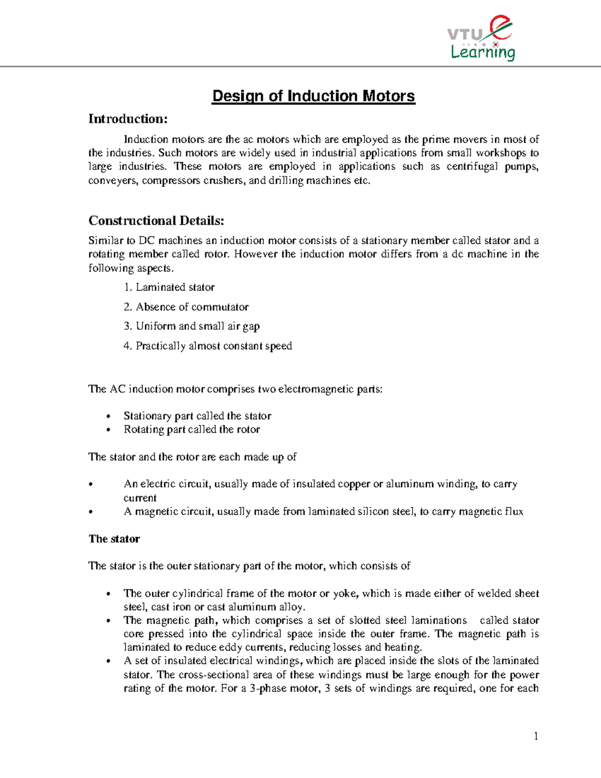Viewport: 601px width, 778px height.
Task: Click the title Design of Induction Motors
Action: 314,96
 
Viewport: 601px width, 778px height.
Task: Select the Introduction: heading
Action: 128,119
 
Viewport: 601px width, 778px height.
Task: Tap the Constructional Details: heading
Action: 156,220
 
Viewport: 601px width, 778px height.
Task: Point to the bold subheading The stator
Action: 114,539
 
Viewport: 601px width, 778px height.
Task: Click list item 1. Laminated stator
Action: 169,287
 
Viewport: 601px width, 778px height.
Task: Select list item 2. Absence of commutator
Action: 186,307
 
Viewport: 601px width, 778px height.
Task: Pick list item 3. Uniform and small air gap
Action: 192,326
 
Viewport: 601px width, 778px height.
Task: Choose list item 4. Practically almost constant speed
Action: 208,346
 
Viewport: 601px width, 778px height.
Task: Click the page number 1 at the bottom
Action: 536,736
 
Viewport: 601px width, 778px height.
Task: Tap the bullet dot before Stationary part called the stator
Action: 109,417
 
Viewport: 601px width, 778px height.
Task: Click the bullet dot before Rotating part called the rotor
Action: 109,430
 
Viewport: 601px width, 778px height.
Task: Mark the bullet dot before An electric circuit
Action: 91,484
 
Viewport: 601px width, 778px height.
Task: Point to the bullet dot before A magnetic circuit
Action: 91,512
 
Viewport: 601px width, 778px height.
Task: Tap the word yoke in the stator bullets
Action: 345,593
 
